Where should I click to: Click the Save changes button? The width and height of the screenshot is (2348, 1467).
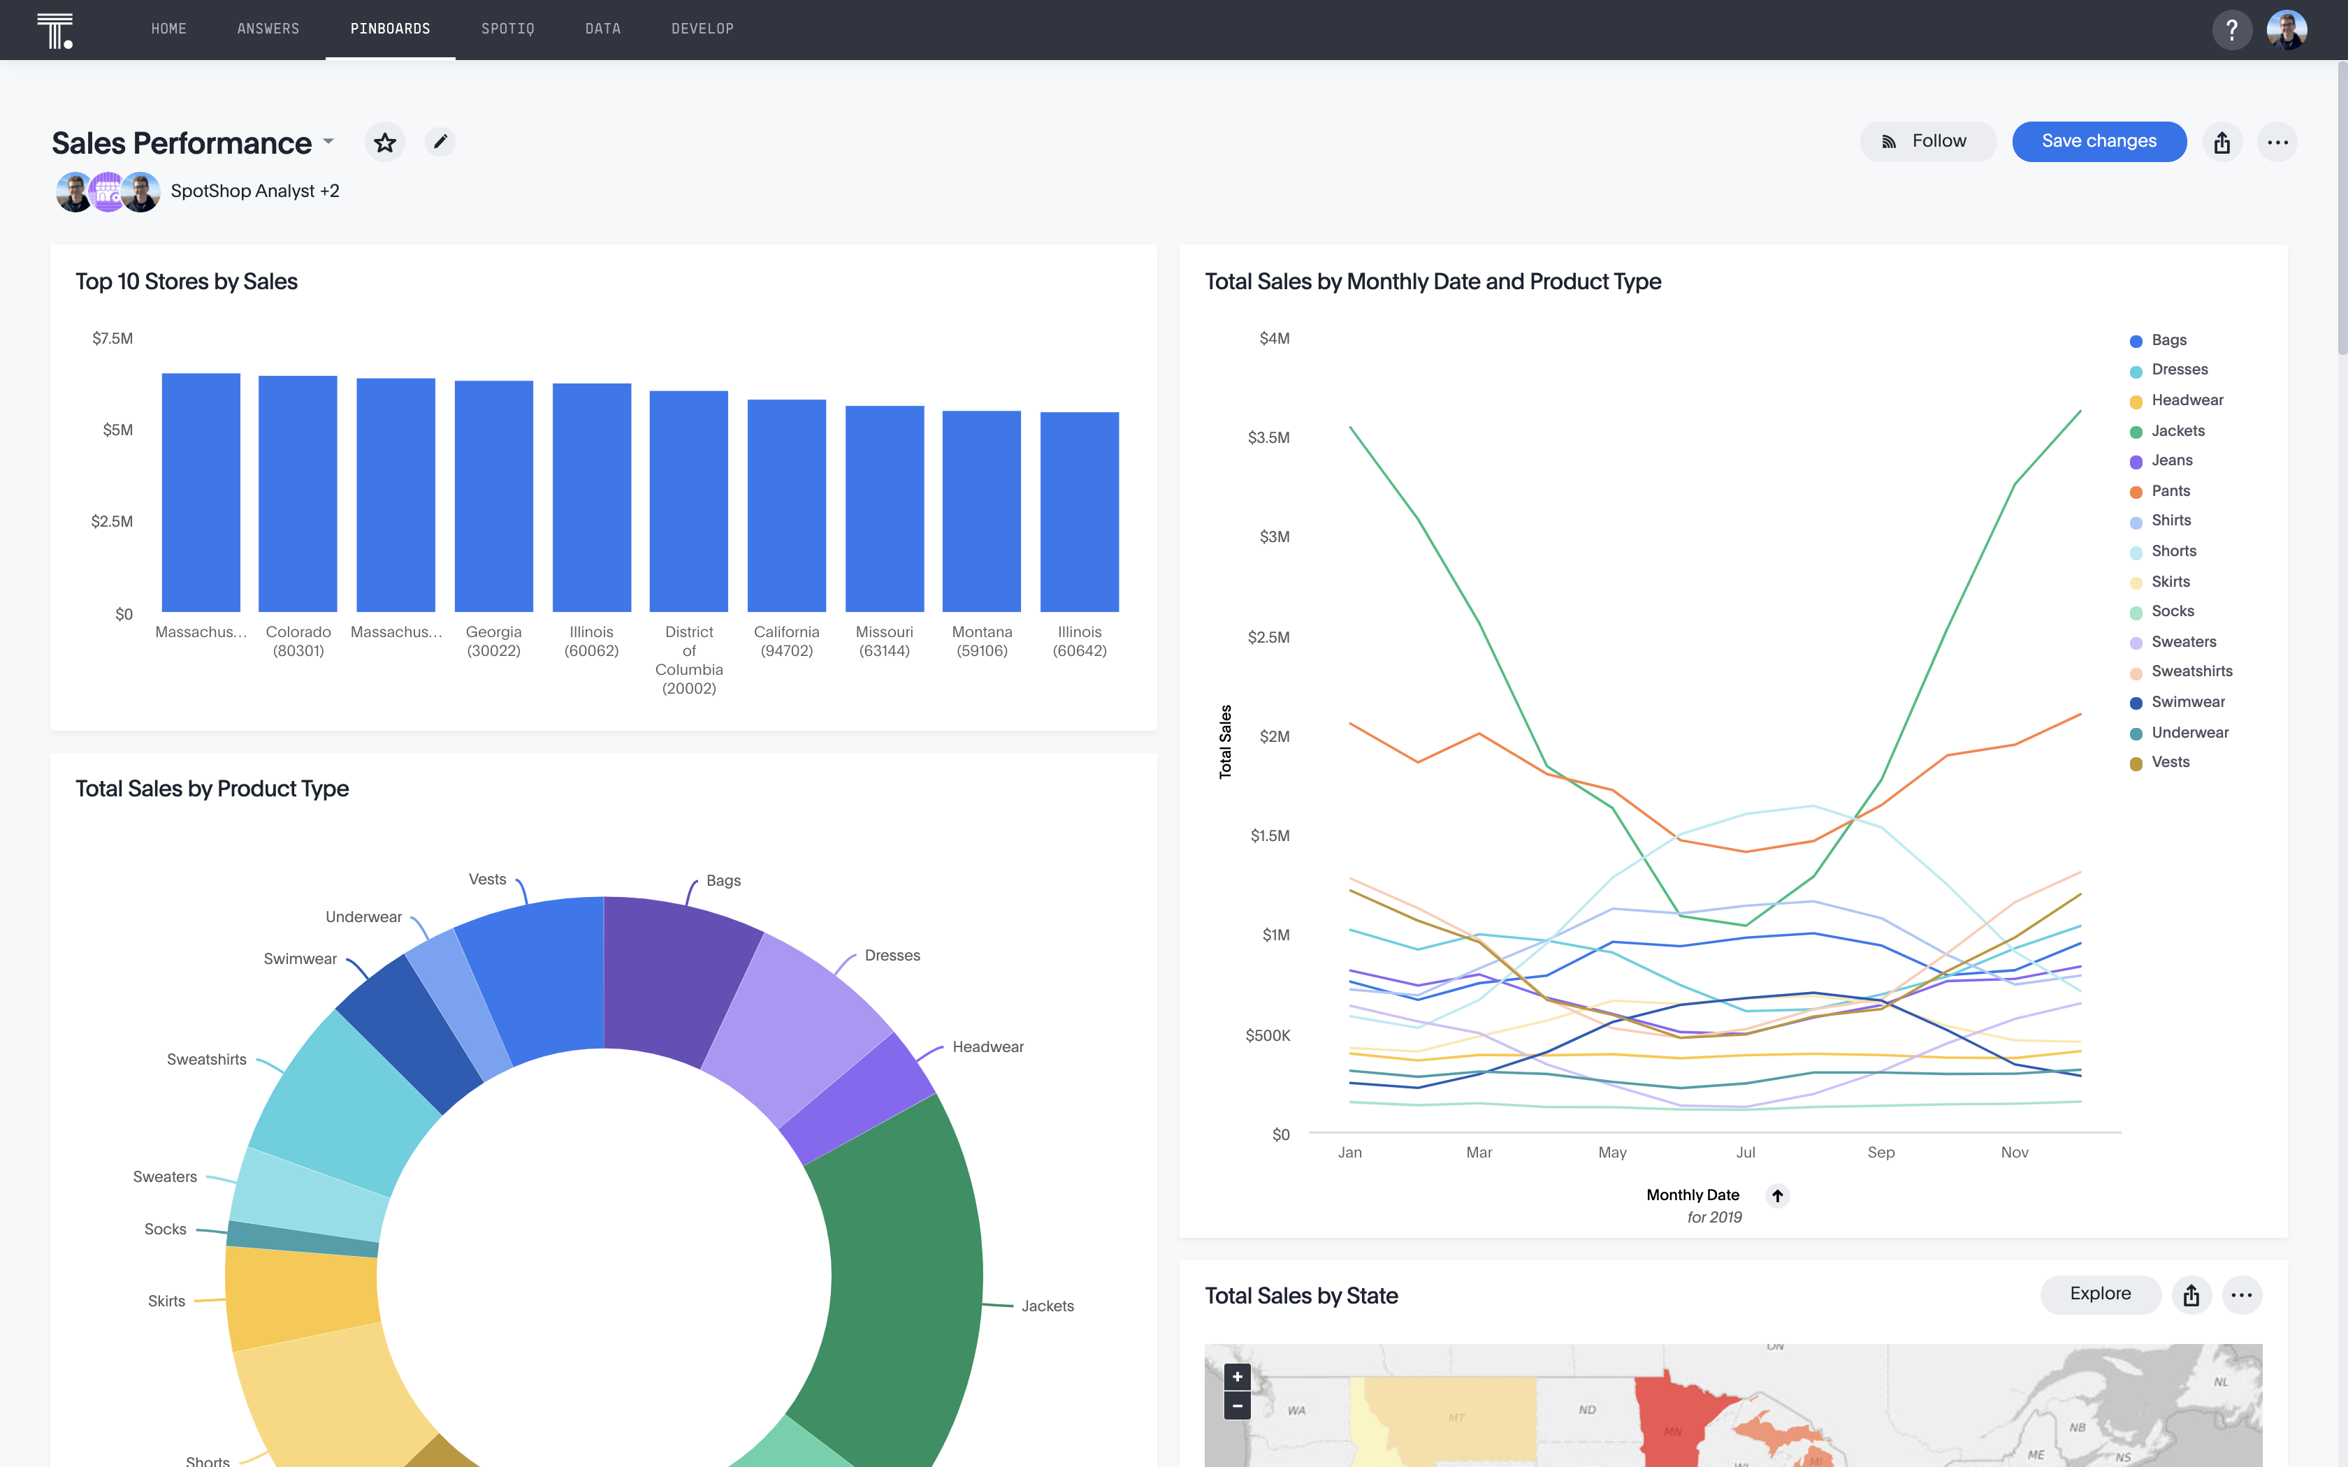(x=2098, y=142)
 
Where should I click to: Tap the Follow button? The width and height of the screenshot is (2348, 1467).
(x=1927, y=142)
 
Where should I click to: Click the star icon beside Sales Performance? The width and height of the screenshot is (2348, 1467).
(x=385, y=143)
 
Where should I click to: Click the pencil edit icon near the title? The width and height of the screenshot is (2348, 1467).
(x=440, y=143)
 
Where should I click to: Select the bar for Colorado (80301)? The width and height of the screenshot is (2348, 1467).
(x=298, y=495)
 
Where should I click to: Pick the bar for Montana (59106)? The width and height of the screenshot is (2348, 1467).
(x=981, y=512)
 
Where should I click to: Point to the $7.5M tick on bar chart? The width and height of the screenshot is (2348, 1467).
(x=113, y=339)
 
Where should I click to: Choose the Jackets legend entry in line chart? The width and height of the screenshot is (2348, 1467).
(x=2177, y=431)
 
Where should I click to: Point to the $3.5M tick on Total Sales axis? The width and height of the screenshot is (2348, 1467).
(x=1268, y=437)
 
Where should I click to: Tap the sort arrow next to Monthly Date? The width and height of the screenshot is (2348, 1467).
(x=1778, y=1195)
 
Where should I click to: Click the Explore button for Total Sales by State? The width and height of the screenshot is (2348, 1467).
(x=2100, y=1294)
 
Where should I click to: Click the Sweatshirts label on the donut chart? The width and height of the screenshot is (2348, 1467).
(x=207, y=1060)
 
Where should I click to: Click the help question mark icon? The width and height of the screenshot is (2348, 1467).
(x=2231, y=29)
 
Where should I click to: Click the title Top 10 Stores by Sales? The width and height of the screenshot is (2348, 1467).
(x=187, y=282)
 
